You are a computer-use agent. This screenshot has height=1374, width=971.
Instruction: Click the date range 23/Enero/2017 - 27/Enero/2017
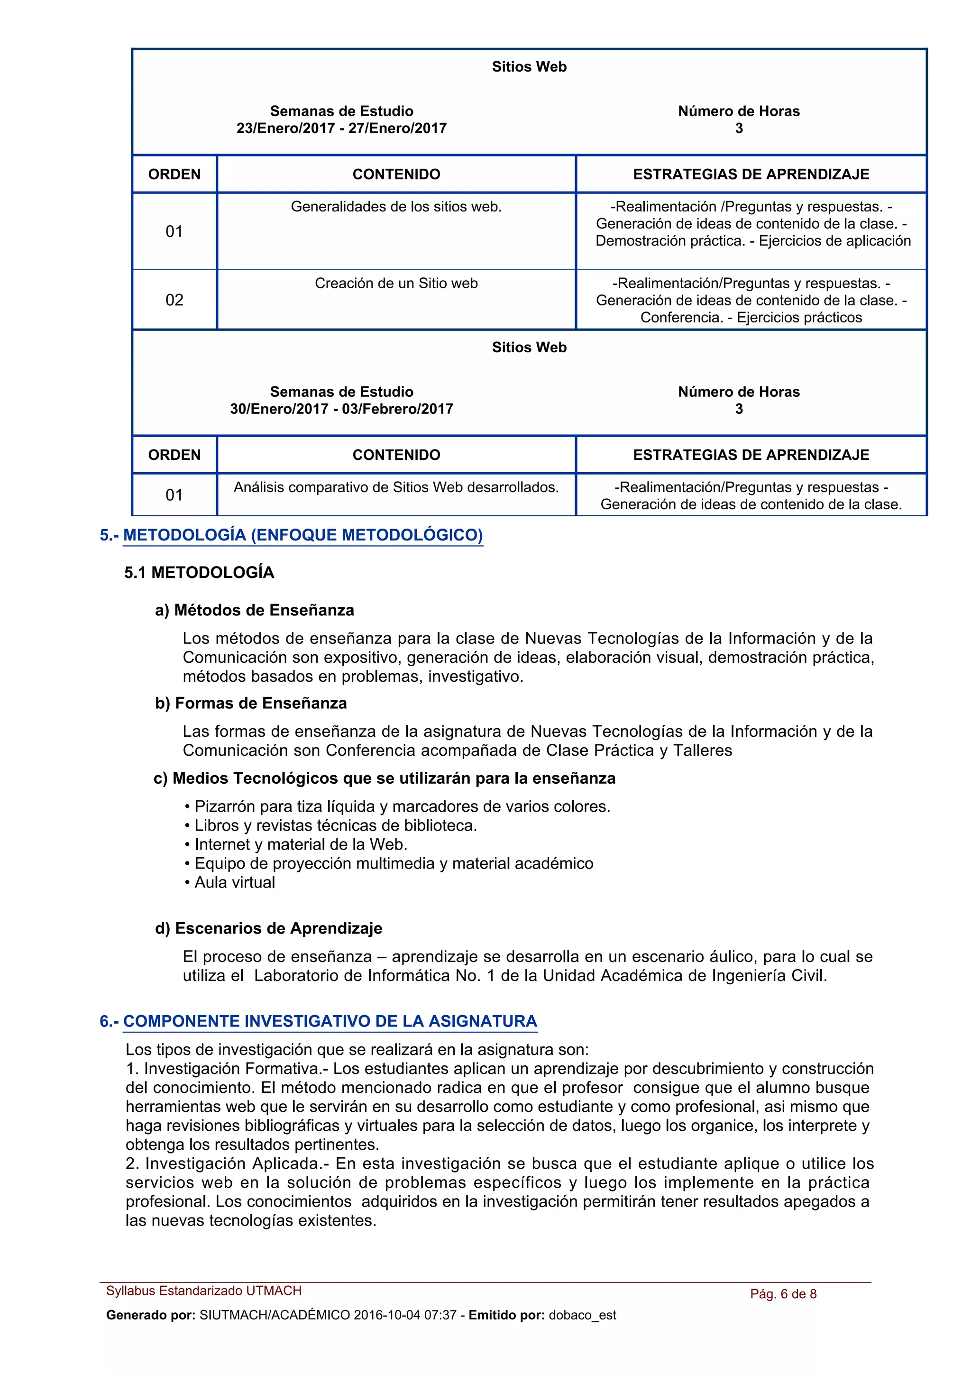click(x=342, y=128)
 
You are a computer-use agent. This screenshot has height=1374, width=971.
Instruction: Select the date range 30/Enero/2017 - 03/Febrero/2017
click(x=342, y=409)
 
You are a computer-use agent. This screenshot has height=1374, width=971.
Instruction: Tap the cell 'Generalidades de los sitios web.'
click(x=396, y=207)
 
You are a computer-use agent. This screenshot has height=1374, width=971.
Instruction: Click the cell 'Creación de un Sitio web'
click(x=396, y=284)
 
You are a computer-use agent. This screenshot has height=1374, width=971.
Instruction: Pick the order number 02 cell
click(x=174, y=300)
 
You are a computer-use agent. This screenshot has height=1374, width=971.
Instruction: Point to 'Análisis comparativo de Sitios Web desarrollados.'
click(x=396, y=488)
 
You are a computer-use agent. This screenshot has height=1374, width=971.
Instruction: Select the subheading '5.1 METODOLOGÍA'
click(x=199, y=573)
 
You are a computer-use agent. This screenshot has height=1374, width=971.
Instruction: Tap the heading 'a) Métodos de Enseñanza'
click(x=254, y=610)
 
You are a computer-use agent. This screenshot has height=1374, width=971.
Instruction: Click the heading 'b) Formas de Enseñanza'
click(x=251, y=703)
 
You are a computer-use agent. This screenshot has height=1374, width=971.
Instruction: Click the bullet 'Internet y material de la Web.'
click(x=300, y=844)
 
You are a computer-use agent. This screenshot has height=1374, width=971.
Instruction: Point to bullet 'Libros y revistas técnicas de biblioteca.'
click(x=335, y=826)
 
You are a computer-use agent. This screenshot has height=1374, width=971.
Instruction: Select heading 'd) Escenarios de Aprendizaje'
click(x=269, y=929)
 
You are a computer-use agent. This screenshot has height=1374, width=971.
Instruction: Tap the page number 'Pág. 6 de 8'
click(x=783, y=1294)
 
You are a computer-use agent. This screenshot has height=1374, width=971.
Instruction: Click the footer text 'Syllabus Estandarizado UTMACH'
click(x=204, y=1291)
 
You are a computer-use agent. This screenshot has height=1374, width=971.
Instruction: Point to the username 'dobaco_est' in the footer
click(x=582, y=1315)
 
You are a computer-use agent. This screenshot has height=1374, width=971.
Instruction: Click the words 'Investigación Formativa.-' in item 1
click(x=236, y=1069)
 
